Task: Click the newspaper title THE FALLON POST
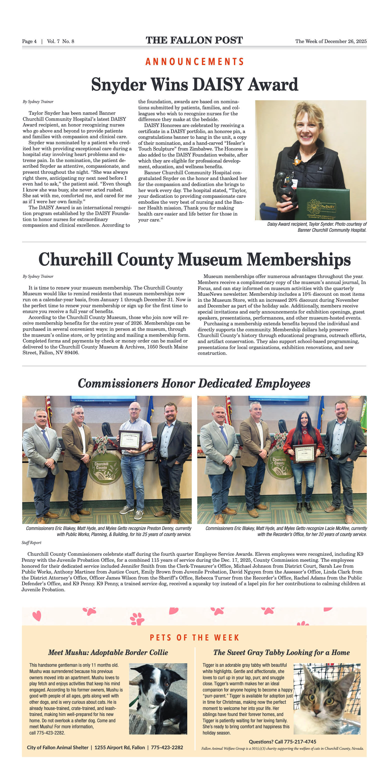(x=194, y=40)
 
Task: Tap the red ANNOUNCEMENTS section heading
(x=194, y=62)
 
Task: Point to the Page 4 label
(x=29, y=41)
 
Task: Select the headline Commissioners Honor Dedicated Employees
(x=194, y=383)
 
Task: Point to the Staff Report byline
(x=31, y=543)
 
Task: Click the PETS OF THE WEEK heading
(x=194, y=638)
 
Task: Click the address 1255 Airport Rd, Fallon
(x=120, y=747)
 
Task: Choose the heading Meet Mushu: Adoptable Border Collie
(x=108, y=652)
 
